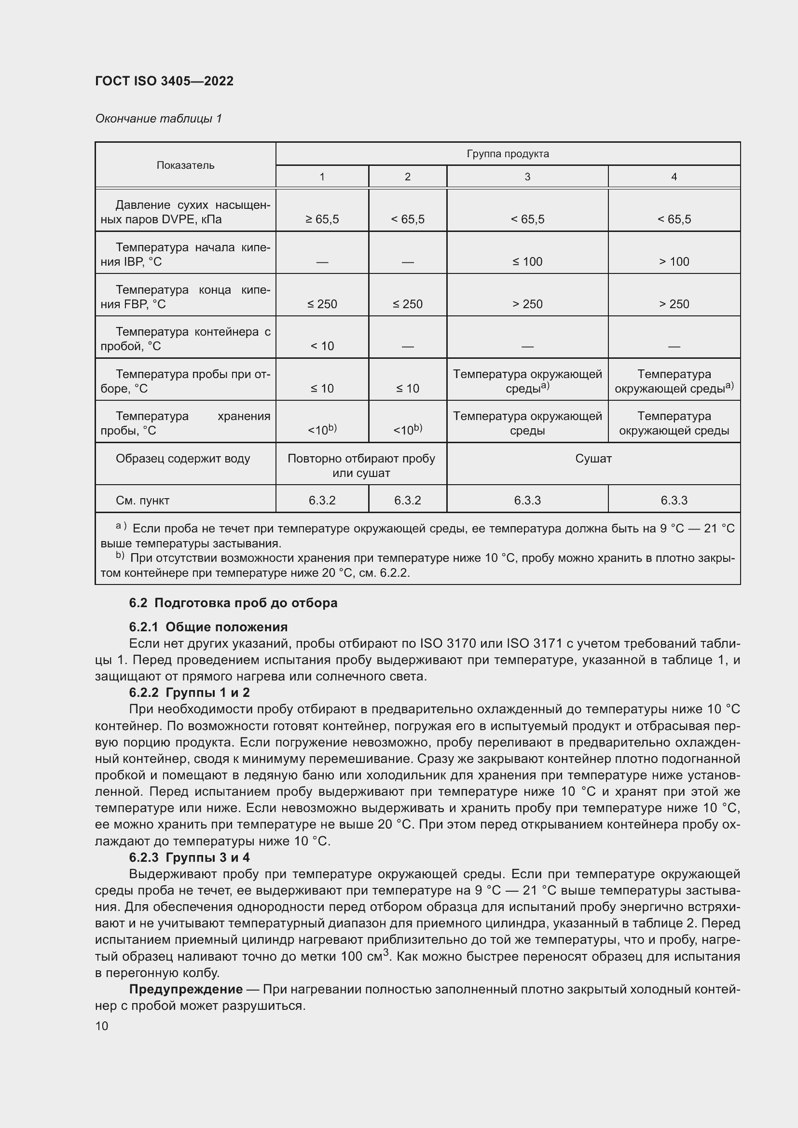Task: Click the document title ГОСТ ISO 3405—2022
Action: (164, 81)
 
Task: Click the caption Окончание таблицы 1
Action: (158, 119)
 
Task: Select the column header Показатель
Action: (185, 165)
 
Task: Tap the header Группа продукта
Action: (508, 154)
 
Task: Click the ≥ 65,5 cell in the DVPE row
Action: (322, 219)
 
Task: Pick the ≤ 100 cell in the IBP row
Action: (527, 261)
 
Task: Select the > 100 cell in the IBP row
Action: (674, 261)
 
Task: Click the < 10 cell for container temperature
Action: (322, 346)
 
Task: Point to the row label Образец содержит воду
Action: (183, 458)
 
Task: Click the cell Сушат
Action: (593, 458)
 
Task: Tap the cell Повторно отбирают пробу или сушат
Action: (361, 465)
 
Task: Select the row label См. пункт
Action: (142, 500)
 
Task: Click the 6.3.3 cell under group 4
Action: (674, 500)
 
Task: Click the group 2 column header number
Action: (407, 177)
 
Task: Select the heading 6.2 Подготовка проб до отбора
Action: (233, 603)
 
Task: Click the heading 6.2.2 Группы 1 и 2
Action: (189, 692)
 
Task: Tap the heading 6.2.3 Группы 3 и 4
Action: (189, 857)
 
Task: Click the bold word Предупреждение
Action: (186, 989)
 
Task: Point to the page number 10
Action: (102, 1026)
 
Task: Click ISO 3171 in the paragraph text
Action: (534, 644)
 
